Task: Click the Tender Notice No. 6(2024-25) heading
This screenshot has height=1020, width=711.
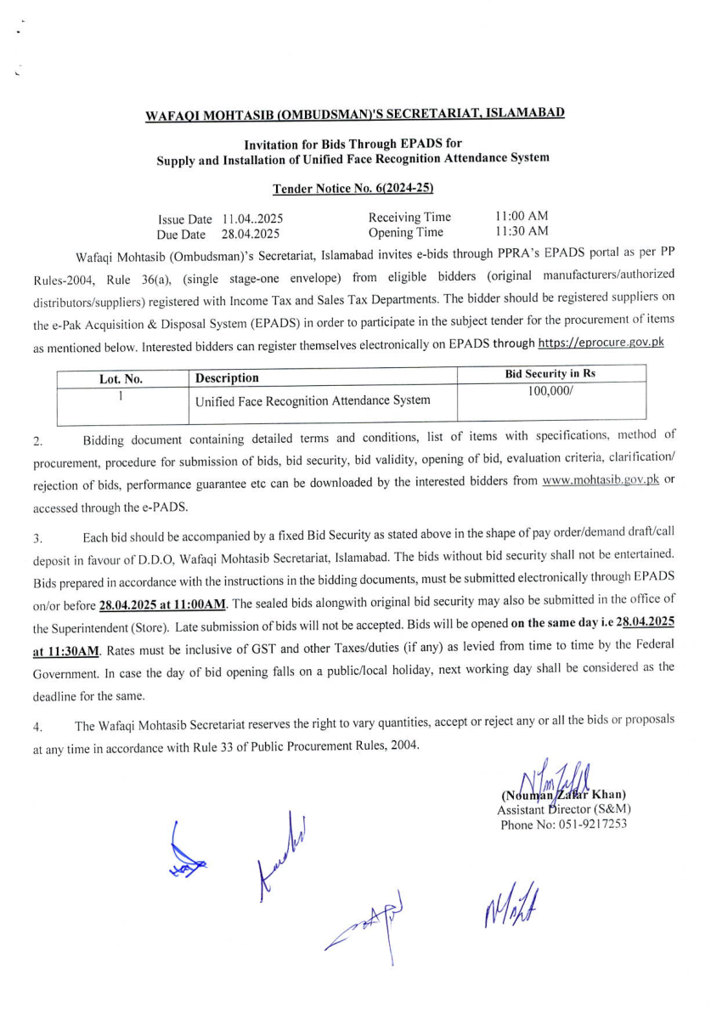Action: point(355,189)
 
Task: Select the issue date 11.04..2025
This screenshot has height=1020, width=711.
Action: point(252,219)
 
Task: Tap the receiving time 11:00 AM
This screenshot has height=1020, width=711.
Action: point(521,217)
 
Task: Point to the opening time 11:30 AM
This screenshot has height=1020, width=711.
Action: point(521,231)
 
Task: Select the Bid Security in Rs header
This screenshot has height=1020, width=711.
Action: point(551,375)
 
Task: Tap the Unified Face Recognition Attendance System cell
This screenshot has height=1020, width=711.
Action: point(313,399)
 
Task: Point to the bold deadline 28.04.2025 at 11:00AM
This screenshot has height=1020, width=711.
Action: point(162,605)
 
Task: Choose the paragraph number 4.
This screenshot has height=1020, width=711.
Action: point(37,728)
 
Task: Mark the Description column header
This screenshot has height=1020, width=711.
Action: point(227,378)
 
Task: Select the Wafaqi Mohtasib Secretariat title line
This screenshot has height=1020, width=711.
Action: point(355,114)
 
